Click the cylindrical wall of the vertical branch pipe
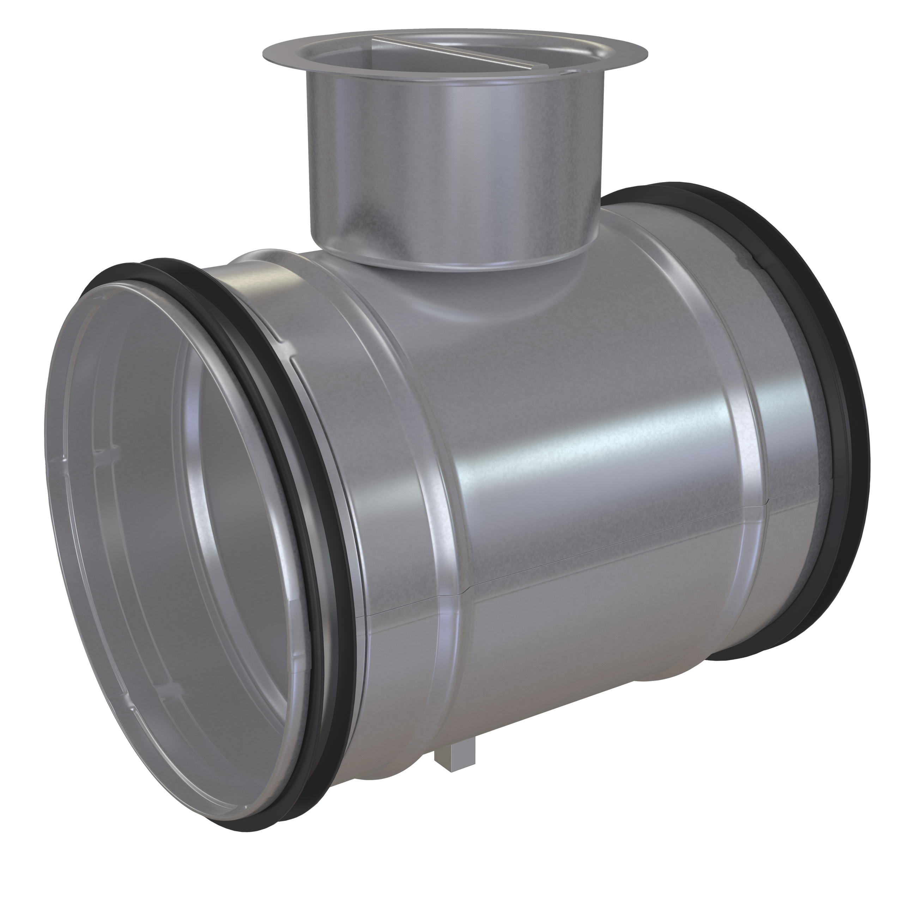pos(449,164)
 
